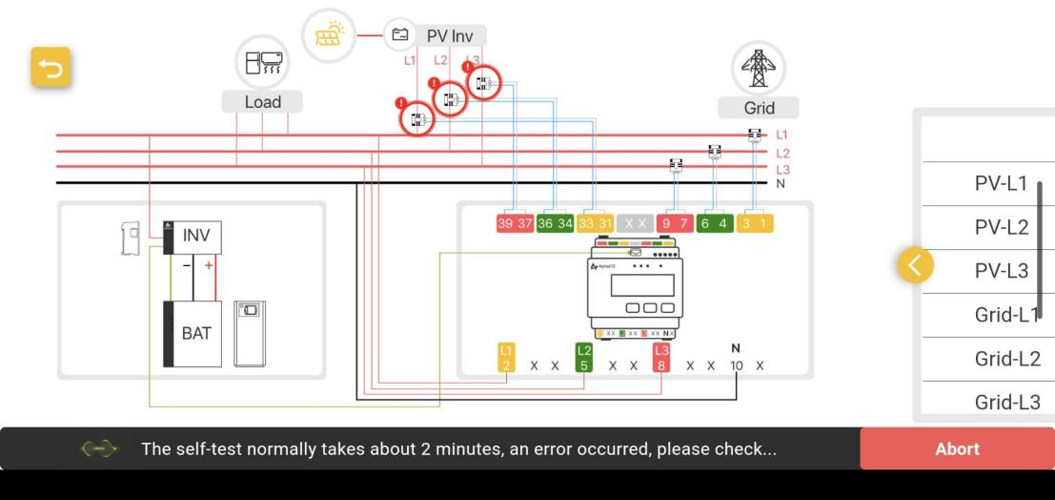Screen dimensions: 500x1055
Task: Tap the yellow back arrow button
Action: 51,68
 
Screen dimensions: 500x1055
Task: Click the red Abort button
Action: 957,448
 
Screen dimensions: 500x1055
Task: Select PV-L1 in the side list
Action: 1001,184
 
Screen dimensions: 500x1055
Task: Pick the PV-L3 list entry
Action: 1001,271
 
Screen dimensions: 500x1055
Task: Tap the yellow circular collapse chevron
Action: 916,265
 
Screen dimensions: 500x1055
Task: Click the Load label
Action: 263,102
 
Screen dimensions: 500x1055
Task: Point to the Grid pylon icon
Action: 759,68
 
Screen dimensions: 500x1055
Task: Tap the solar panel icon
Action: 329,35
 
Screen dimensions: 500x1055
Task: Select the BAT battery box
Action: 194,334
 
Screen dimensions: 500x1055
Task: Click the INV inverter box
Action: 195,236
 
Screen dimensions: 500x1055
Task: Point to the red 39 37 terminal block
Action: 515,223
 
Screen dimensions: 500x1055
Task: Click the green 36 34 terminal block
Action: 555,223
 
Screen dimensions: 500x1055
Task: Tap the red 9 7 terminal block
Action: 677,223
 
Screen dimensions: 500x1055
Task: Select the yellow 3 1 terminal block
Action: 757,223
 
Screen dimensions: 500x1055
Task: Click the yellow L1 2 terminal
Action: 507,358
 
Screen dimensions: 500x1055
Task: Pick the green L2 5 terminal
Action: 583,358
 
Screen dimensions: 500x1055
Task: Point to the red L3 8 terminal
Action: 661,358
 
